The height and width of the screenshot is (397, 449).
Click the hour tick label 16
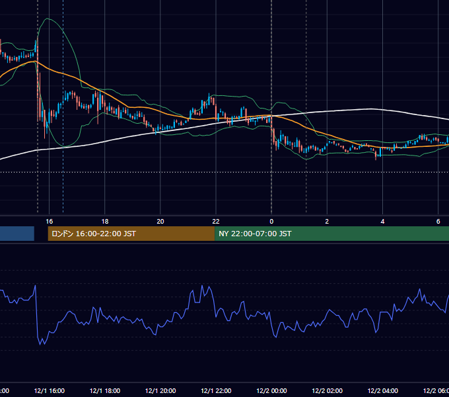tap(50, 222)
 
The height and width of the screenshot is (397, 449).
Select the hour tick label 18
tap(105, 222)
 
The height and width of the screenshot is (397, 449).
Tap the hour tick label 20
tap(160, 222)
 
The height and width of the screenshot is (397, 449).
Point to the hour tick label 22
tap(216, 222)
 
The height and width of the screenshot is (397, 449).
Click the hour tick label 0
tap(271, 222)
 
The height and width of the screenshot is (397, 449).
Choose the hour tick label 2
tap(327, 222)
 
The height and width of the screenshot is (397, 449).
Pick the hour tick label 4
tap(382, 222)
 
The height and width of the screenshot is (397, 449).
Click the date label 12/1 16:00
tap(50, 391)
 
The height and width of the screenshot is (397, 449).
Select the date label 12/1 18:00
tap(105, 391)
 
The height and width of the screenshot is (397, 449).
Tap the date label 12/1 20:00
tap(160, 391)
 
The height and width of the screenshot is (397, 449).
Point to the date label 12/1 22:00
tap(216, 391)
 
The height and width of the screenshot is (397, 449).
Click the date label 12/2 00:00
tap(271, 391)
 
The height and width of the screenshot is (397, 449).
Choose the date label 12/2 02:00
tap(327, 391)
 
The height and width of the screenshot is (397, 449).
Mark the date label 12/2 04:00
tap(382, 391)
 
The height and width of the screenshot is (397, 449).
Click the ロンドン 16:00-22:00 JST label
tap(94, 234)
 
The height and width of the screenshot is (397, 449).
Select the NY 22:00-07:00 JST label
tap(255, 234)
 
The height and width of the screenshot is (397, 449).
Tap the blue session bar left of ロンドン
tap(17, 234)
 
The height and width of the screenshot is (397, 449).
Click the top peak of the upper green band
tap(48, 19)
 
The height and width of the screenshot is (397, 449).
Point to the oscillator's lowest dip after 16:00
tap(40, 344)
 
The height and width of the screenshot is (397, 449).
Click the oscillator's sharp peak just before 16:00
tap(35, 285)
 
